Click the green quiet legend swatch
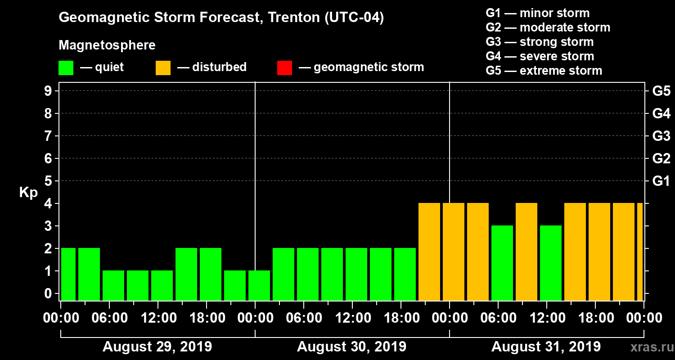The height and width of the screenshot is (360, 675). click(66, 67)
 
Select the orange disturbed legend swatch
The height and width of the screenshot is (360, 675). click(163, 67)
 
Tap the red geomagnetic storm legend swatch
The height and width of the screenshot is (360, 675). click(284, 67)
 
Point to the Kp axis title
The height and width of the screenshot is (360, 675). click(28, 192)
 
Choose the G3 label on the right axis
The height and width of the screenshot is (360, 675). click(661, 136)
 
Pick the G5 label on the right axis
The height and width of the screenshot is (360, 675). click(661, 91)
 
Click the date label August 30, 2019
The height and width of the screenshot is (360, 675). click(351, 347)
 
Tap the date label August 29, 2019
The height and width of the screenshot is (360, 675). click(157, 347)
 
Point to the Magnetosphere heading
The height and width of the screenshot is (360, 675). click(107, 45)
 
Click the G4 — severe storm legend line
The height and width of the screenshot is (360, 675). click(540, 56)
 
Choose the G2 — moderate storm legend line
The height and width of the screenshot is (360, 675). click(548, 27)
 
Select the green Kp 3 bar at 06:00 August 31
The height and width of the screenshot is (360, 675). click(502, 263)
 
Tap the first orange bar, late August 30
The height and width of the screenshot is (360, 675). click(429, 252)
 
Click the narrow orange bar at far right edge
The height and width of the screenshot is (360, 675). click(640, 252)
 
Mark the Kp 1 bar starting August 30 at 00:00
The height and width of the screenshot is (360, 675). click(259, 285)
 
